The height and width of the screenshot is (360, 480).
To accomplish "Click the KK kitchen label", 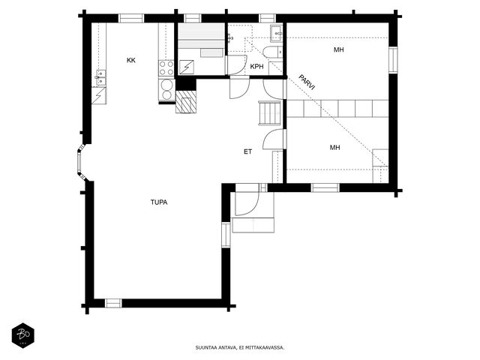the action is pyautogui.click(x=131, y=60).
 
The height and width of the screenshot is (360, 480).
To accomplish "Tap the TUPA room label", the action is pyautogui.click(x=159, y=202).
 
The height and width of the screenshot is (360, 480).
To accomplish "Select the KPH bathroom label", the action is pyautogui.click(x=256, y=67).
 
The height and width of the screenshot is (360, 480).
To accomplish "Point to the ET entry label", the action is pyautogui.click(x=247, y=151).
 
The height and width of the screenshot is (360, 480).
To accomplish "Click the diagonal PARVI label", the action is pyautogui.click(x=307, y=82).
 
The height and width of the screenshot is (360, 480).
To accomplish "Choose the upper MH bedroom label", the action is pyautogui.click(x=338, y=49).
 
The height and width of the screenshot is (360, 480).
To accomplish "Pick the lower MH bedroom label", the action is pyautogui.click(x=335, y=148).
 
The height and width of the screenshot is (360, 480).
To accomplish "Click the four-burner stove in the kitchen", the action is pyautogui.click(x=166, y=68).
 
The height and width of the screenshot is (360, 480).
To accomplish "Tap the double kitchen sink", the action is pyautogui.click(x=100, y=78).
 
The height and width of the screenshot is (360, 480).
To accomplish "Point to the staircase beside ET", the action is pyautogui.click(x=269, y=113).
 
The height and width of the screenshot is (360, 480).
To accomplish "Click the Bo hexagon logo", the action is pyautogui.click(x=23, y=335).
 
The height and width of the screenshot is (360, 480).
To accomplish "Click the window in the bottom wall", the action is pyautogui.click(x=113, y=303).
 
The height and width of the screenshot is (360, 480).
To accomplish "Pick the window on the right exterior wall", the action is pyautogui.click(x=393, y=60).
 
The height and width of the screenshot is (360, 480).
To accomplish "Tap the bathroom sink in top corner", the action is pyautogui.click(x=277, y=33).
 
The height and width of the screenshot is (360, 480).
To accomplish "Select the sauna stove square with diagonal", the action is pyautogui.click(x=187, y=67).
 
